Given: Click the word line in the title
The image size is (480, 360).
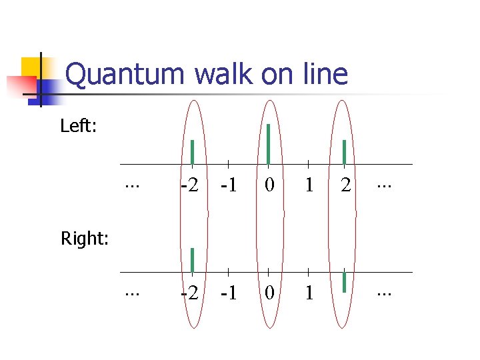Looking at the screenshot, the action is [323, 75].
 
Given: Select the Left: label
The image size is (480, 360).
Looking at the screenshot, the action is [79, 126].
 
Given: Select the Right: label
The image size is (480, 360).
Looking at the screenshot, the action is [85, 238].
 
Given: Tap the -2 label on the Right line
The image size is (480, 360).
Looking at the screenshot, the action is [190, 293].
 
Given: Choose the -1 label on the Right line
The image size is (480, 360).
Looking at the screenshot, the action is [228, 293].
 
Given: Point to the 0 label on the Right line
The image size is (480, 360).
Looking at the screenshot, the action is [268, 293].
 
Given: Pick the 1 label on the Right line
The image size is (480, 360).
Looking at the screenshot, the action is [308, 293].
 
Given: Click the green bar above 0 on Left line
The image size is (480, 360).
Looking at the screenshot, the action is [268, 143].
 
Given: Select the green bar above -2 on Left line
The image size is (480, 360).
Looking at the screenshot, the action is [192, 152].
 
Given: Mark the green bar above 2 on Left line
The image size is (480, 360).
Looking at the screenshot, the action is [344, 152].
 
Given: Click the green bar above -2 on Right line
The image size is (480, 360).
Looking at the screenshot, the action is [192, 260].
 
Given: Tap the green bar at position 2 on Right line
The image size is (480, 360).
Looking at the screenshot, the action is [344, 281].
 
